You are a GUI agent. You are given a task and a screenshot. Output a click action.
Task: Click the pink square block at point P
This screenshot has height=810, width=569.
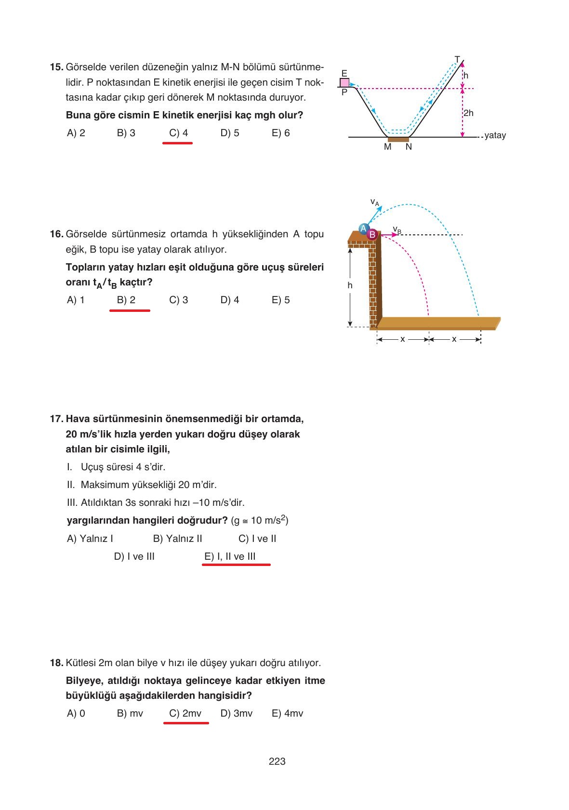click(344, 82)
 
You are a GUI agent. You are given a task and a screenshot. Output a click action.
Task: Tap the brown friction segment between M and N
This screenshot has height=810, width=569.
click(398, 140)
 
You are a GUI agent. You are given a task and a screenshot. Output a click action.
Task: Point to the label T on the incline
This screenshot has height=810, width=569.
click(457, 59)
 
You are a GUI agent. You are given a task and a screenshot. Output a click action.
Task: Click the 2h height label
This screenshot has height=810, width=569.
click(468, 113)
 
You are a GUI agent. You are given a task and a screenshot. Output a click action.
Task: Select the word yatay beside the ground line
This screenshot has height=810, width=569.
click(495, 135)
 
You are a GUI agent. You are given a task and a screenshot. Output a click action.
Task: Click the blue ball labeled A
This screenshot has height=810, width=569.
click(364, 229)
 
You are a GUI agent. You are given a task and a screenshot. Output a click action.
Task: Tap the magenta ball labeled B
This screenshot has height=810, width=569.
click(372, 234)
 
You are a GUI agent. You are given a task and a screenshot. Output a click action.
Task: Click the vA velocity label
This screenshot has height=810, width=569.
click(374, 202)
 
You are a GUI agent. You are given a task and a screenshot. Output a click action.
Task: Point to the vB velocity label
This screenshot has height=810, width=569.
click(397, 230)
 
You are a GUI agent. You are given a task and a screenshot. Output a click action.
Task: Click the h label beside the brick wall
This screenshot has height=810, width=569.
click(350, 285)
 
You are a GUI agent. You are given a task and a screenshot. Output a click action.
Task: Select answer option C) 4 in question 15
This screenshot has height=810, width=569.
click(178, 133)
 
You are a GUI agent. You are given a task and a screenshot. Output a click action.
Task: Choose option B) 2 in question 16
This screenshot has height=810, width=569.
click(126, 300)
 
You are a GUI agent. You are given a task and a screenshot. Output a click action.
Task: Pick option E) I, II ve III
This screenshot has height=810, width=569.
click(230, 556)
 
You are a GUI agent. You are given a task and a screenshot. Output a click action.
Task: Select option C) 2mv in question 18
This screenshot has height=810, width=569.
click(185, 713)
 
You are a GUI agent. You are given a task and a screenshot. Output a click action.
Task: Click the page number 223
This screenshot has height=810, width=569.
click(277, 761)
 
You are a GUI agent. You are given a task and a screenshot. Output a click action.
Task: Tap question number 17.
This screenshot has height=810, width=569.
click(56, 419)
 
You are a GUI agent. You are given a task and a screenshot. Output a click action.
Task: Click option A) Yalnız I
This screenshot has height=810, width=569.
click(90, 539)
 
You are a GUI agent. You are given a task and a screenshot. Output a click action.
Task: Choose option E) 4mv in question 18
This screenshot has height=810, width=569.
click(287, 713)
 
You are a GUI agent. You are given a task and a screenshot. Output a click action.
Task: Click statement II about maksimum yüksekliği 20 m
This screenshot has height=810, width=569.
click(142, 485)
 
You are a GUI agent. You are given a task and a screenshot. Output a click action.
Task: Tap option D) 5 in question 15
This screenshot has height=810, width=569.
click(230, 133)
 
